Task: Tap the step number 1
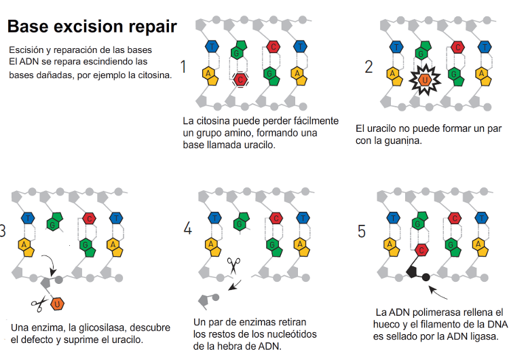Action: pos(183,67)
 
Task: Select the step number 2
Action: pos(369,67)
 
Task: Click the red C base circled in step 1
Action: pos(240,80)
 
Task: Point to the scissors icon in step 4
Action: pos(235,264)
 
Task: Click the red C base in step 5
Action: pos(421,249)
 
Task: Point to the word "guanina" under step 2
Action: pos(403,141)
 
